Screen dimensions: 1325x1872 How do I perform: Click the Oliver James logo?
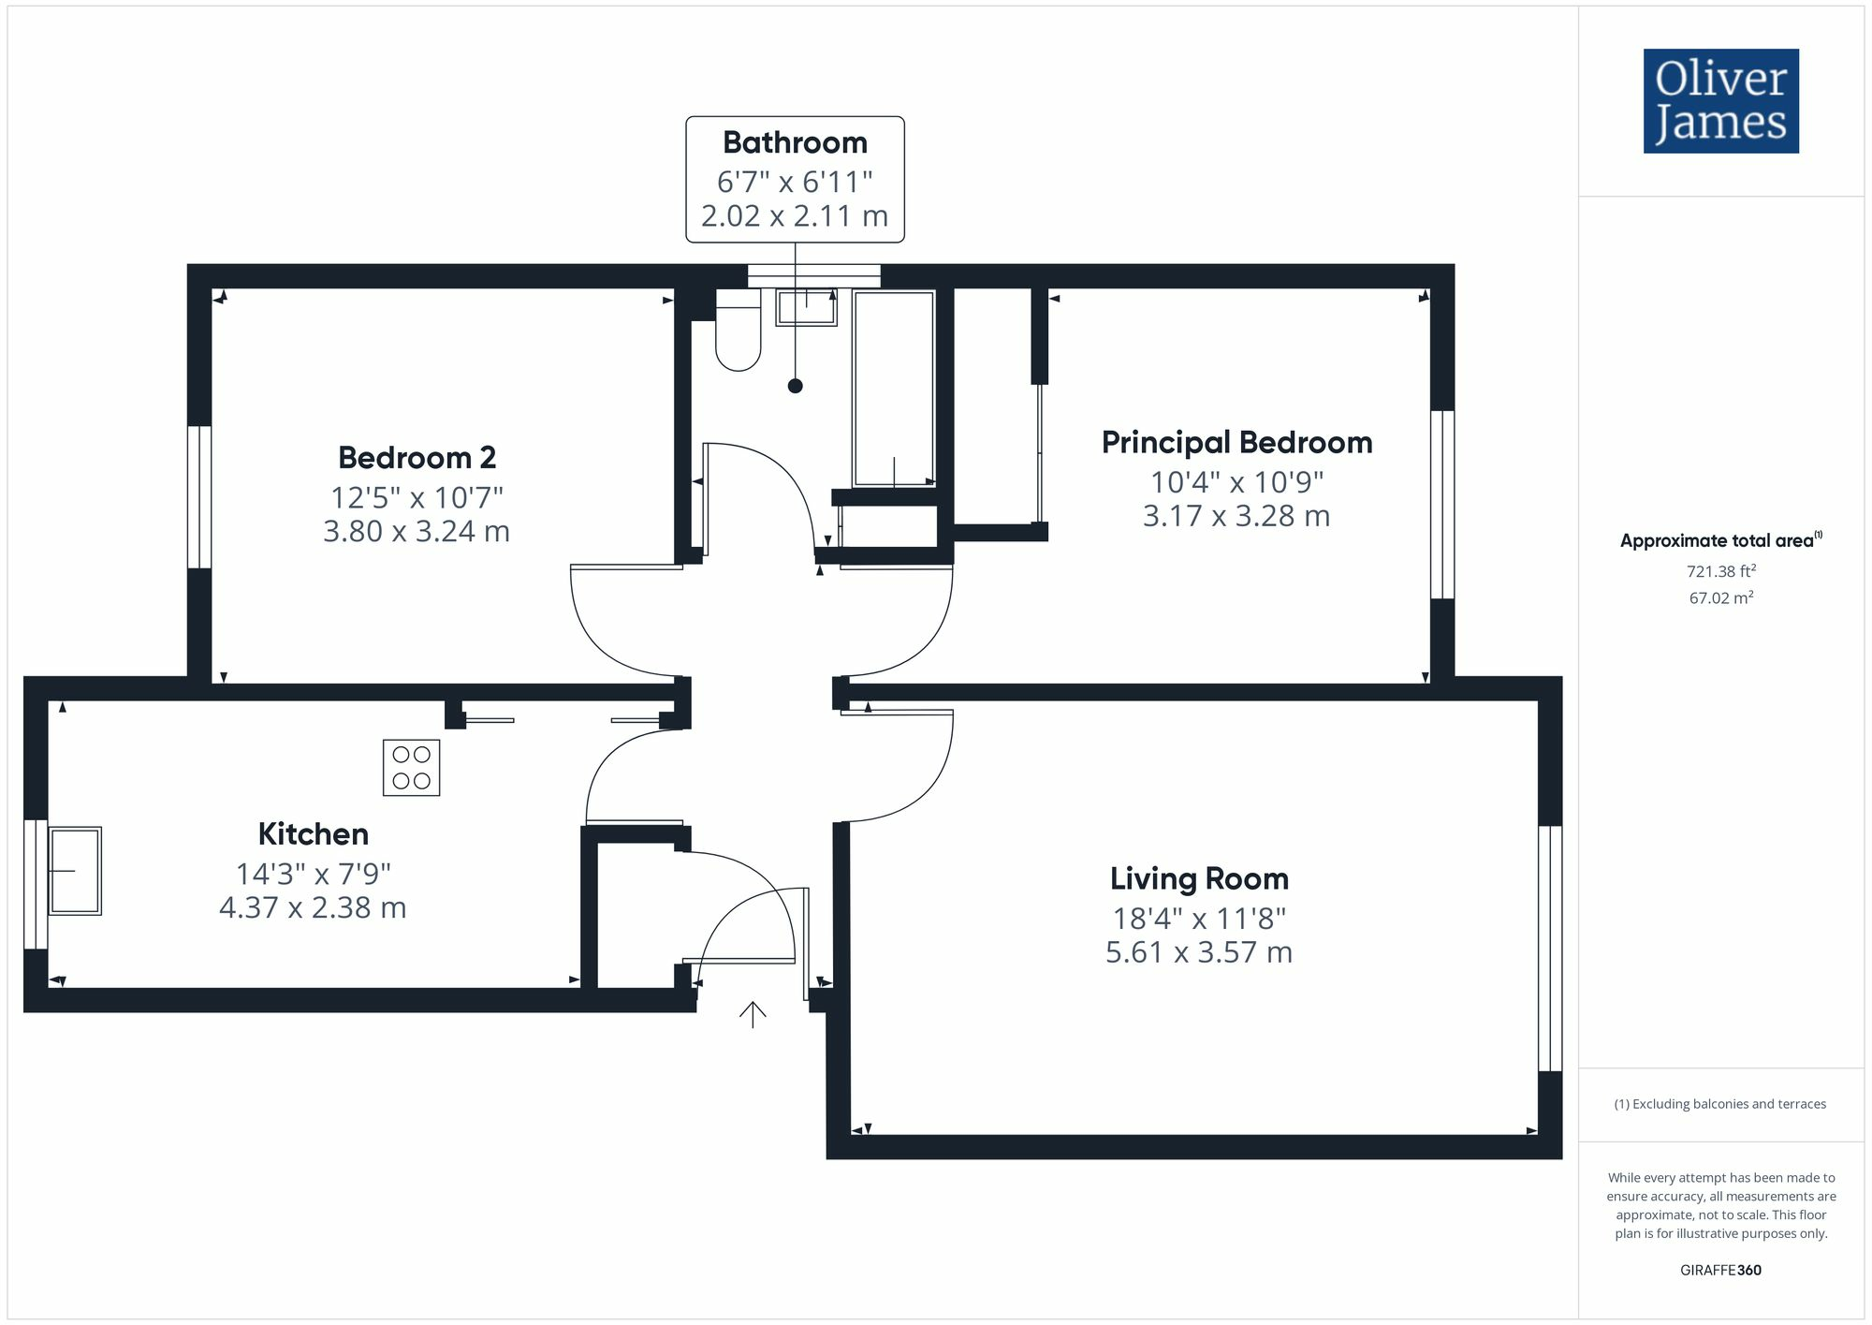[x=1720, y=101]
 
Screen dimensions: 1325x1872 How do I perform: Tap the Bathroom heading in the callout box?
[x=795, y=142]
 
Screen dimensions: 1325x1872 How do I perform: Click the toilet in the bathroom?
[x=738, y=332]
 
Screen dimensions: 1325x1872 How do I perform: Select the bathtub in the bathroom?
[x=893, y=389]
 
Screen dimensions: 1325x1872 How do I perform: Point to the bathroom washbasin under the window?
[x=806, y=307]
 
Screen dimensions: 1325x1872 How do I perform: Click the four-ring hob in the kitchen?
[x=411, y=768]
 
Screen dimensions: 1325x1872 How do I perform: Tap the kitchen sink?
[x=75, y=870]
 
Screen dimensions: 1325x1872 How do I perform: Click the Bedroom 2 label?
[x=417, y=458]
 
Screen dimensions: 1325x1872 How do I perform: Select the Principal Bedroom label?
[x=1236, y=442]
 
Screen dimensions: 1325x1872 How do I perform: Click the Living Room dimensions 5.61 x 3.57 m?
[x=1198, y=952]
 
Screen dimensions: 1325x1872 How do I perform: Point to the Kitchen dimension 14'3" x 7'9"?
[x=313, y=874]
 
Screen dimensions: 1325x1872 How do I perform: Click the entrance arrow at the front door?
[x=753, y=1014]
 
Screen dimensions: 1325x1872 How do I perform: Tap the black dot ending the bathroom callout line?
[x=795, y=386]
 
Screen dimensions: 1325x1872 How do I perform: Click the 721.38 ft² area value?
[x=1720, y=571]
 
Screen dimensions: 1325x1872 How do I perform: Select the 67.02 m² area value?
[x=1720, y=598]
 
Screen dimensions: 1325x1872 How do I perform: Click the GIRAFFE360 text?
[x=1720, y=1271]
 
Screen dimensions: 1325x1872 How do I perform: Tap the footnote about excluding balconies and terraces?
[x=1720, y=1104]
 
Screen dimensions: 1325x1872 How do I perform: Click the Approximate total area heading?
[x=1720, y=540]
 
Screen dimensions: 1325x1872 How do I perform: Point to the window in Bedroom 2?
[x=199, y=497]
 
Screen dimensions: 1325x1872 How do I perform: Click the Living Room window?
[x=1550, y=948]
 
